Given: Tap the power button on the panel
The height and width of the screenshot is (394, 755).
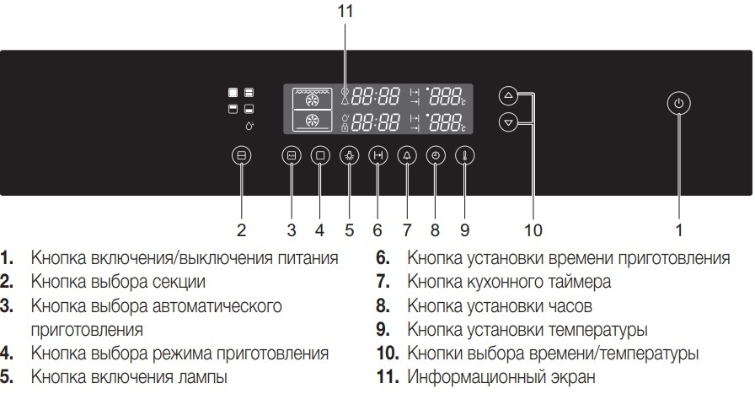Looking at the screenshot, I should click(x=681, y=104).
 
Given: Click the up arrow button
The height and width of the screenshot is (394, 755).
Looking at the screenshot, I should click(x=507, y=95).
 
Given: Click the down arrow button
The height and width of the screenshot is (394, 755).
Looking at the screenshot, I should click(x=507, y=123).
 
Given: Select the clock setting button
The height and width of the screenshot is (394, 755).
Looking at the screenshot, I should click(x=435, y=156).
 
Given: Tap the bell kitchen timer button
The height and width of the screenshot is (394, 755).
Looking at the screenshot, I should click(x=407, y=156).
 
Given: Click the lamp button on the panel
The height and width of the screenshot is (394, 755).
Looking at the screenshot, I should click(x=349, y=156).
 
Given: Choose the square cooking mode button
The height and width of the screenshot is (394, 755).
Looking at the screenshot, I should click(x=319, y=156).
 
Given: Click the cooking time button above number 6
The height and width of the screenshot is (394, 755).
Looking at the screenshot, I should click(x=377, y=156).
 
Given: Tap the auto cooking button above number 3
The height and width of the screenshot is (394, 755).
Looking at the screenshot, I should click(x=291, y=156).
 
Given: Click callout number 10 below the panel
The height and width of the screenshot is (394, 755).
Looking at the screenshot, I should click(x=533, y=229).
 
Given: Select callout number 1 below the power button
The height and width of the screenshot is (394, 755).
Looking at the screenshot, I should click(x=680, y=229).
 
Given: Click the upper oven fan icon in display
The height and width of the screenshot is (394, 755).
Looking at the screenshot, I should click(x=312, y=97).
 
